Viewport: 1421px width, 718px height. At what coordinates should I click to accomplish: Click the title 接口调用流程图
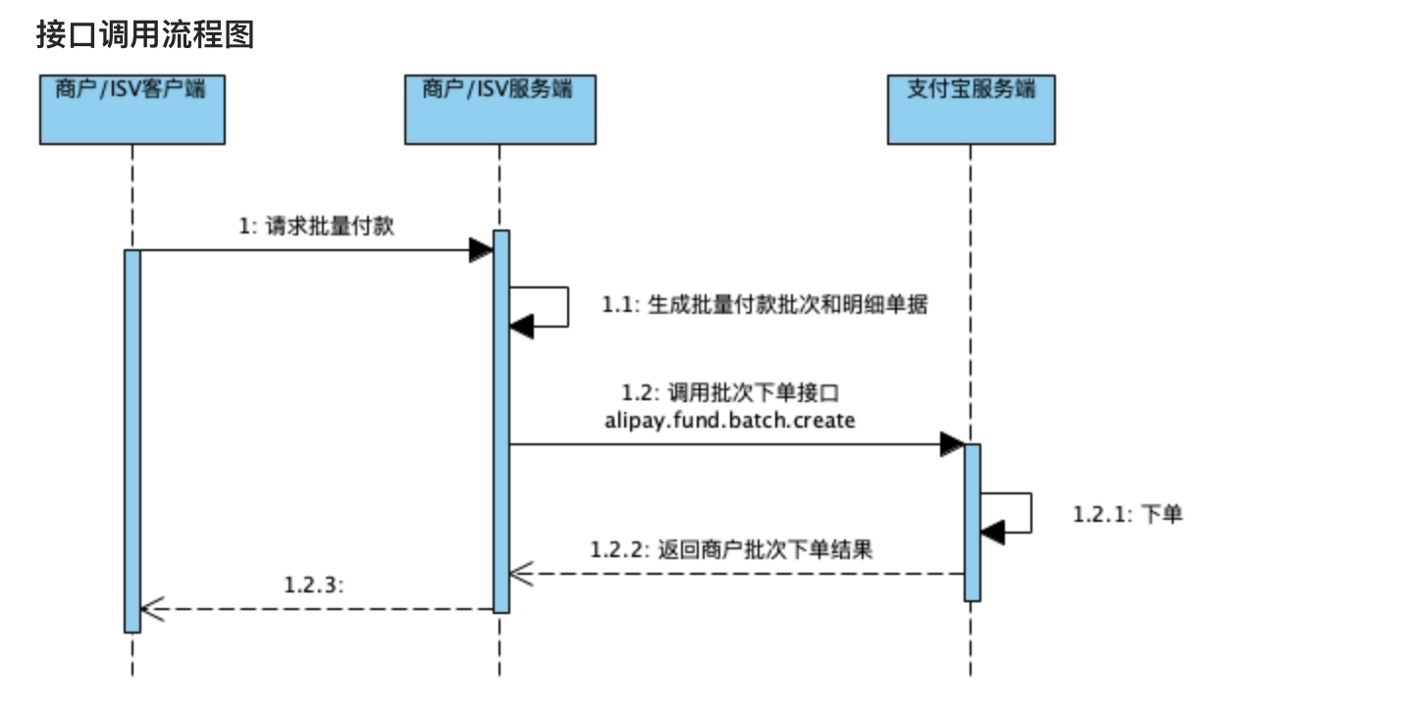145,34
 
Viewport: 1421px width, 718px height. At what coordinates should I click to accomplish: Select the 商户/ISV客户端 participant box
132,108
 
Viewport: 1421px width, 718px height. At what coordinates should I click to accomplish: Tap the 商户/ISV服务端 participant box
499,108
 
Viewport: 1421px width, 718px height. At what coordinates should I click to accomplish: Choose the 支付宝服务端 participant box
971,108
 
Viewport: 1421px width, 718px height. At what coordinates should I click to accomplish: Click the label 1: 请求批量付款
317,226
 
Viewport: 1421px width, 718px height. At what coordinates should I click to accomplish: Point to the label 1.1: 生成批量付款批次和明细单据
764,305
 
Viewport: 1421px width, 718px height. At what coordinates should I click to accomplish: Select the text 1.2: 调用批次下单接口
731,393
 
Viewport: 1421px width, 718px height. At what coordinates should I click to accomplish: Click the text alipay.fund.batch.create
731,421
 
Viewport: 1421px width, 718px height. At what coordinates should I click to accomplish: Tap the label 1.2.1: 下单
1128,513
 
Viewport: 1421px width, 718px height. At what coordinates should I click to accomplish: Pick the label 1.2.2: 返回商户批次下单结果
731,549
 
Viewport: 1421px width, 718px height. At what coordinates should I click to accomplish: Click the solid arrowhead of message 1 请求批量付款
480,250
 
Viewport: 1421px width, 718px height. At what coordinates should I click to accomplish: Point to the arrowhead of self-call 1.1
521,327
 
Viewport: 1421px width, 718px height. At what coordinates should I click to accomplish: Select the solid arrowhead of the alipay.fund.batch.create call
951,444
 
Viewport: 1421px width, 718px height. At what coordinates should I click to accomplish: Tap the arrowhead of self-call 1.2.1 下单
992,533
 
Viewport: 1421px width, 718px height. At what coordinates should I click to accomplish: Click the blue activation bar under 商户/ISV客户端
132,441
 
